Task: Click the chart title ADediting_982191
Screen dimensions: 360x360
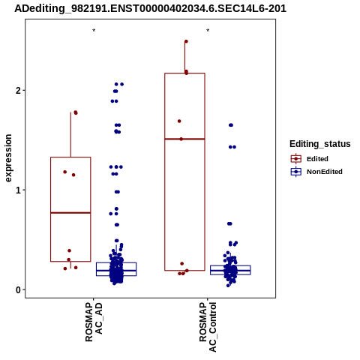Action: [150, 9]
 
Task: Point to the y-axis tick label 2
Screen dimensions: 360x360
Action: [18, 91]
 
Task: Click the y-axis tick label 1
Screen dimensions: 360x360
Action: [18, 190]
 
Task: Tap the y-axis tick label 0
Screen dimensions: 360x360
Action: [18, 290]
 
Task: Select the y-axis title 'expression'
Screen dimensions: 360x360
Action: [8, 158]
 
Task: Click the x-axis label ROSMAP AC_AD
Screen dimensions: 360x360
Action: [94, 322]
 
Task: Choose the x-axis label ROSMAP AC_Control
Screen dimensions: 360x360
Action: [208, 327]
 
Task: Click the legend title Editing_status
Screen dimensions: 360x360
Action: [320, 144]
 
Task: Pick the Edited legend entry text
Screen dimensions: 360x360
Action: [317, 159]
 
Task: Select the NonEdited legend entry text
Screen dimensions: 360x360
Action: [325, 172]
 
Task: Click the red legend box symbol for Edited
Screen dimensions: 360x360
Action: [296, 159]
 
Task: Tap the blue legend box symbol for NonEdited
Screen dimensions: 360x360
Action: [296, 172]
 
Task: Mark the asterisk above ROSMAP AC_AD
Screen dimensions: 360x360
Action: [94, 31]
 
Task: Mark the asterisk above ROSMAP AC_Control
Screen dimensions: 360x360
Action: [208, 31]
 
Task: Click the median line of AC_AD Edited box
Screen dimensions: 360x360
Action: [70, 213]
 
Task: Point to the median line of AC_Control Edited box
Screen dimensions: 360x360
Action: [184, 139]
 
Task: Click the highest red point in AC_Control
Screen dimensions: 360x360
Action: [186, 41]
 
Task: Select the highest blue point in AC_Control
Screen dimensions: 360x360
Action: [231, 125]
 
